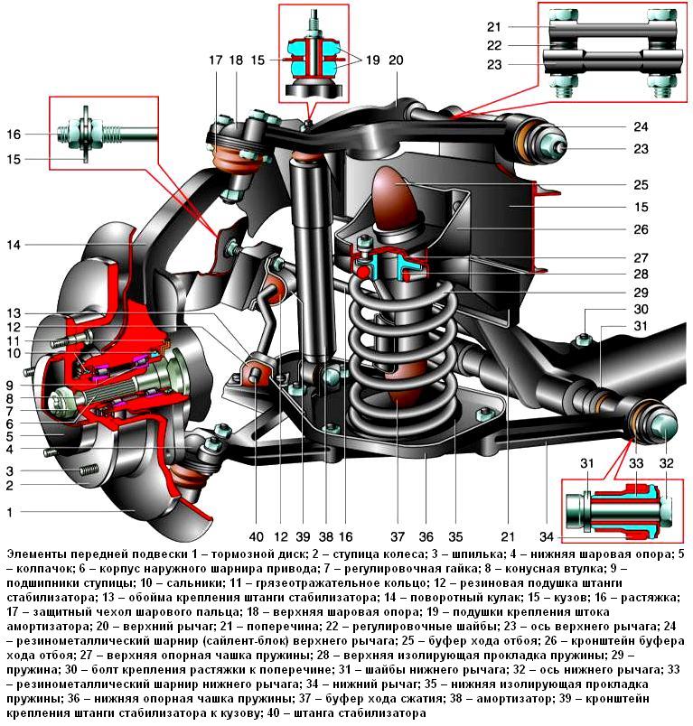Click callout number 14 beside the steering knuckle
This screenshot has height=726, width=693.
[x=15, y=244]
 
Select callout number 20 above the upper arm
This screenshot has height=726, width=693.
[x=396, y=60]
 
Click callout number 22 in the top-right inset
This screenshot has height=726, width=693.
[x=518, y=45]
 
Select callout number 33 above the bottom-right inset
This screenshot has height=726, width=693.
[x=637, y=464]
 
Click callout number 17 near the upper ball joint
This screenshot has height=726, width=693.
[x=215, y=60]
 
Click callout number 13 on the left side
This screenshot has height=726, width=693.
[x=15, y=312]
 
